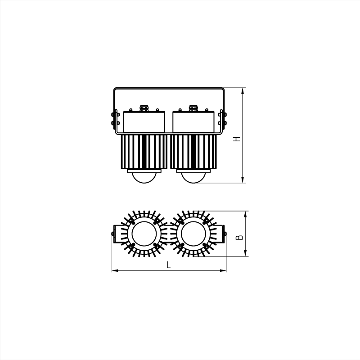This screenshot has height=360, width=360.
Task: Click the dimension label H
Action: [237, 139]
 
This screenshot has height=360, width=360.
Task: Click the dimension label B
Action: [239, 237]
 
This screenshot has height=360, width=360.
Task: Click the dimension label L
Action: [169, 265]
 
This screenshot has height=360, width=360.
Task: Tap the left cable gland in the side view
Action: [144, 108]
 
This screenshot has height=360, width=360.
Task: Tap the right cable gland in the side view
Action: [193, 108]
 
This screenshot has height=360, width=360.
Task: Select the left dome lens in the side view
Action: [144, 178]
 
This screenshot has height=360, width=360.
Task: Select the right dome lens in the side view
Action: [193, 178]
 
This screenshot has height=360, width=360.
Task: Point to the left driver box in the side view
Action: [144, 122]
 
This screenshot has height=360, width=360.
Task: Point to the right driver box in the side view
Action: [193, 122]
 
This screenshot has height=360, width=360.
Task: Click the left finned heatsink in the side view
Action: [144, 152]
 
